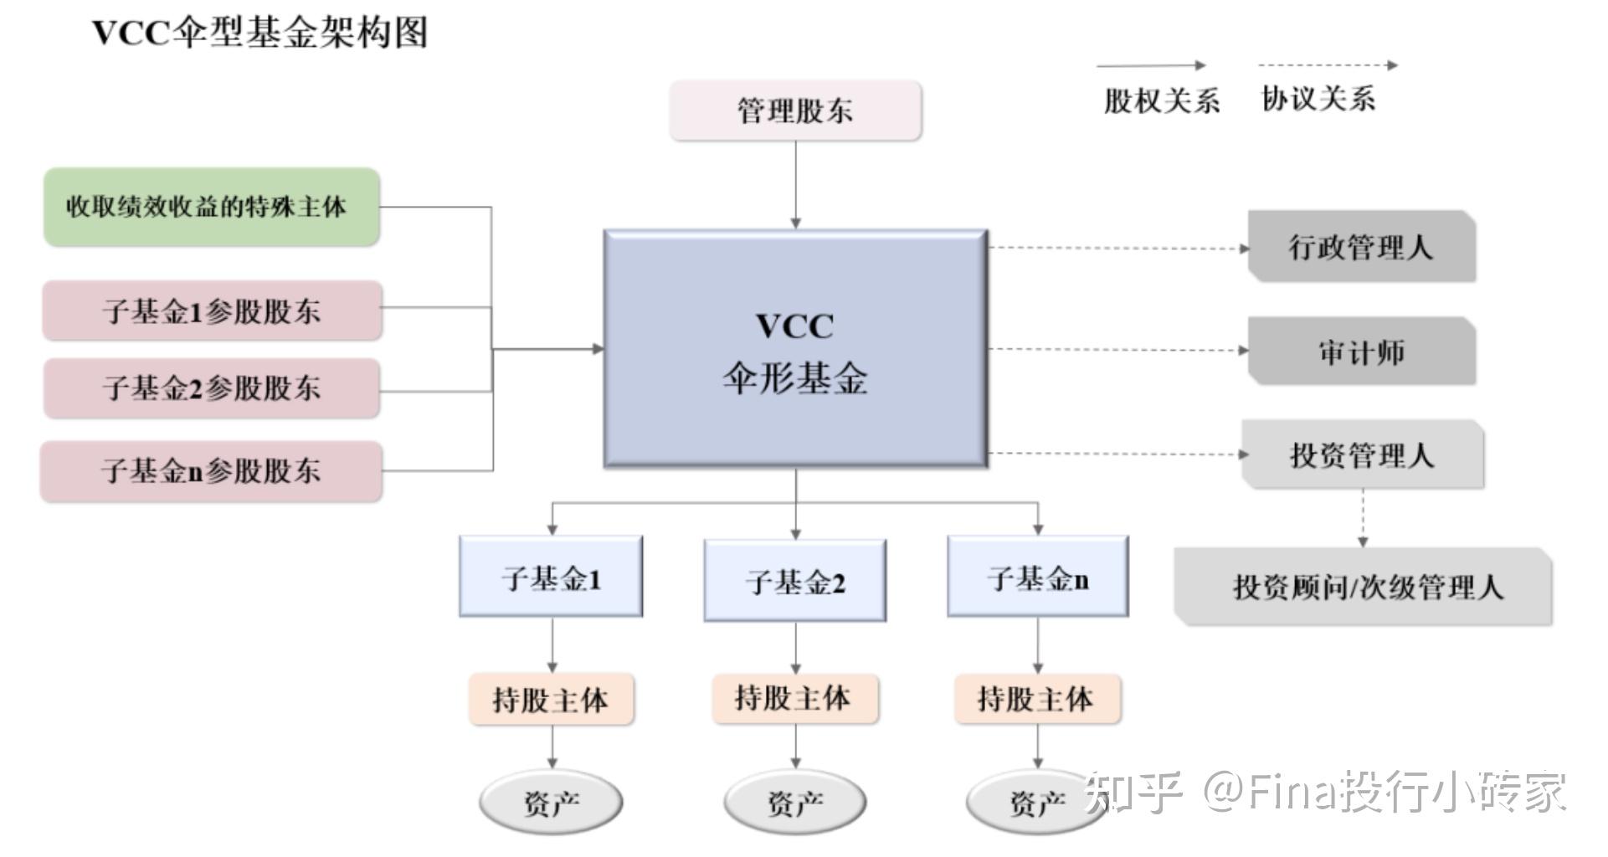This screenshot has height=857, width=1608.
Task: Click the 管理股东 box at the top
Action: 795,110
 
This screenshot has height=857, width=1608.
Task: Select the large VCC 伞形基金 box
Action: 795,348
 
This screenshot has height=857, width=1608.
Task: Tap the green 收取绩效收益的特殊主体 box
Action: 211,207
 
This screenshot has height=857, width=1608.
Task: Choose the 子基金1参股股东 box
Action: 212,310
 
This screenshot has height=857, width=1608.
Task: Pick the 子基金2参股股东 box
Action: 212,387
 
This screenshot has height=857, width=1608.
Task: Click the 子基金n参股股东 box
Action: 211,470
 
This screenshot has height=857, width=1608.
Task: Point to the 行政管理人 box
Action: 1360,247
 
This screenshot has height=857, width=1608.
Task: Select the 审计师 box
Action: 1360,352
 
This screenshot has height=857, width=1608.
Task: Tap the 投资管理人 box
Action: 1362,455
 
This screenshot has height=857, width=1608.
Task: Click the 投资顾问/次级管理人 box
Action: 1364,587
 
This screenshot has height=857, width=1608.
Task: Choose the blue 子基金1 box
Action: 551,577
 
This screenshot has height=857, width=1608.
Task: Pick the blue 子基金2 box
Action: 795,581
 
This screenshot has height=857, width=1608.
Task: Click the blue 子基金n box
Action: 1038,577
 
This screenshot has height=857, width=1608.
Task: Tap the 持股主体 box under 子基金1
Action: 551,699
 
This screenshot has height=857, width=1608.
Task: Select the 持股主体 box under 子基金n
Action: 1036,699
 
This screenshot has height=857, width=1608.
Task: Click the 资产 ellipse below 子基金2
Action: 795,803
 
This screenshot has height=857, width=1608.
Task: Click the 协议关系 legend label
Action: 1318,99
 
